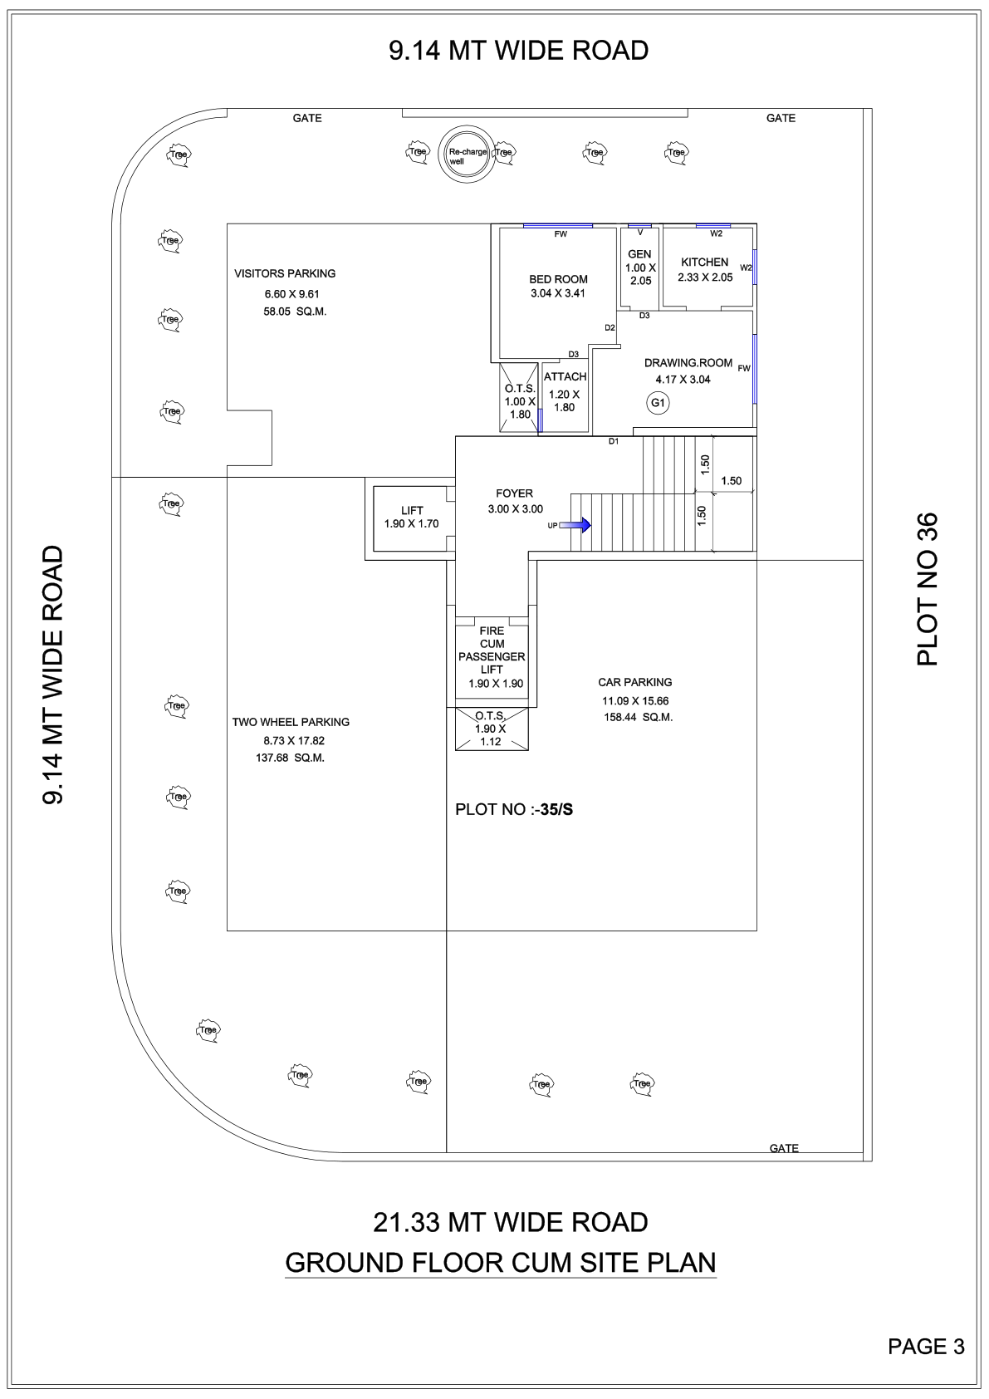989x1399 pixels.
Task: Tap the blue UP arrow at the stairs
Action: click(575, 525)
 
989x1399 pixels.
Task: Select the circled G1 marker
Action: click(658, 403)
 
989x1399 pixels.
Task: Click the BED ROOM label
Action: click(558, 279)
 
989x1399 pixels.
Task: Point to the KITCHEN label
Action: click(704, 263)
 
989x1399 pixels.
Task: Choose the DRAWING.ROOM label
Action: click(688, 363)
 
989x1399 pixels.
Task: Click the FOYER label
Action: click(515, 493)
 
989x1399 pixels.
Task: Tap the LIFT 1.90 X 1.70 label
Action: click(411, 517)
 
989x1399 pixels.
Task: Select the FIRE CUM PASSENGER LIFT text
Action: click(492, 650)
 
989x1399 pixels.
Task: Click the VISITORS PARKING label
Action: click(285, 273)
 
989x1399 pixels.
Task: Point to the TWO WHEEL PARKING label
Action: click(291, 722)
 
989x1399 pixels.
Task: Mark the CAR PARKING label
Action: click(635, 682)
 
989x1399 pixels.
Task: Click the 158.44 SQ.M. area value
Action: click(638, 717)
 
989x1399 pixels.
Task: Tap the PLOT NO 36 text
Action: click(928, 589)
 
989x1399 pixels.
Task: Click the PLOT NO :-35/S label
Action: click(514, 809)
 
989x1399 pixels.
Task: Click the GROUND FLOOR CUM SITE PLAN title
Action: click(501, 1263)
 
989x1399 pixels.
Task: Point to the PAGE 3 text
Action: click(926, 1346)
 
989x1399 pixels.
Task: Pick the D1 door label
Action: click(614, 442)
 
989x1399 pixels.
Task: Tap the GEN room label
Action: click(639, 254)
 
